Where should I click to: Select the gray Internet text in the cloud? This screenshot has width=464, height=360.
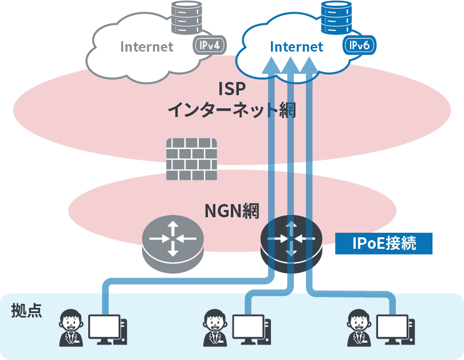coord(147,47)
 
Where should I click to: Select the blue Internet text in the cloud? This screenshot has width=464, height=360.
coord(296,47)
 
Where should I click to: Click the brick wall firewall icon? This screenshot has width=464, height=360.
coord(192,159)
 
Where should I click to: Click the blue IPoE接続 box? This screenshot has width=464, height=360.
coord(384,244)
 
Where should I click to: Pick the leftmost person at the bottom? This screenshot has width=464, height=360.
coord(72,328)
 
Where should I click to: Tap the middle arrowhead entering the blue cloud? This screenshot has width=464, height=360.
coord(290,64)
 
